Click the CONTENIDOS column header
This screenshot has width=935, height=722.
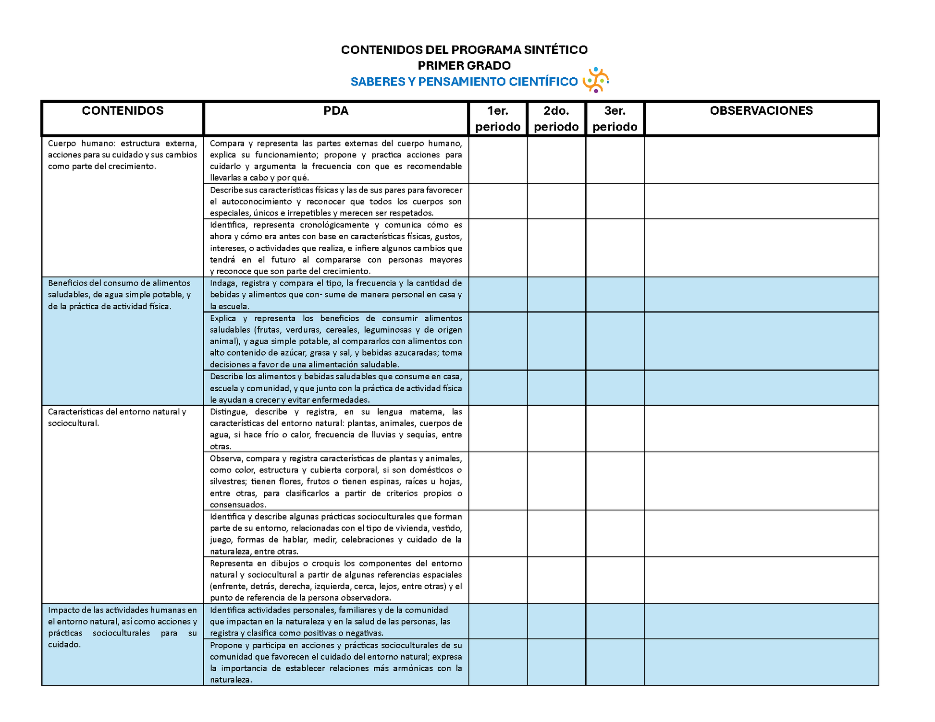(x=123, y=111)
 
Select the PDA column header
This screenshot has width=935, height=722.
(x=336, y=111)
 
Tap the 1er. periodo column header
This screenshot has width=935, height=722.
(x=498, y=119)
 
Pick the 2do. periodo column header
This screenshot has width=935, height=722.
(x=556, y=119)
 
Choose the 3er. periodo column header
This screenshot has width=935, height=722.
(x=615, y=119)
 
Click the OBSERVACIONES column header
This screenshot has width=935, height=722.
(x=761, y=111)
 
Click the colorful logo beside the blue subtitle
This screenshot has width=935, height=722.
(x=596, y=80)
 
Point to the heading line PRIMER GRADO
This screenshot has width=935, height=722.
(x=464, y=65)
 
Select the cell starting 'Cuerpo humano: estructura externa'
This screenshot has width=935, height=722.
(x=123, y=155)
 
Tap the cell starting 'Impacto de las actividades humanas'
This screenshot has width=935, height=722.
(x=123, y=627)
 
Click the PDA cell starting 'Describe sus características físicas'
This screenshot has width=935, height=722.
(x=336, y=202)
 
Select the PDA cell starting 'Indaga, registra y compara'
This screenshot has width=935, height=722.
(x=336, y=295)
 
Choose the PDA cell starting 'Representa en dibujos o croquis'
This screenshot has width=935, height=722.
(x=336, y=580)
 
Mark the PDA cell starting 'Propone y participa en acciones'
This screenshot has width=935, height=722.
(x=336, y=662)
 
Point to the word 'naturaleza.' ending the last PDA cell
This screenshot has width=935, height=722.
(x=231, y=680)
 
